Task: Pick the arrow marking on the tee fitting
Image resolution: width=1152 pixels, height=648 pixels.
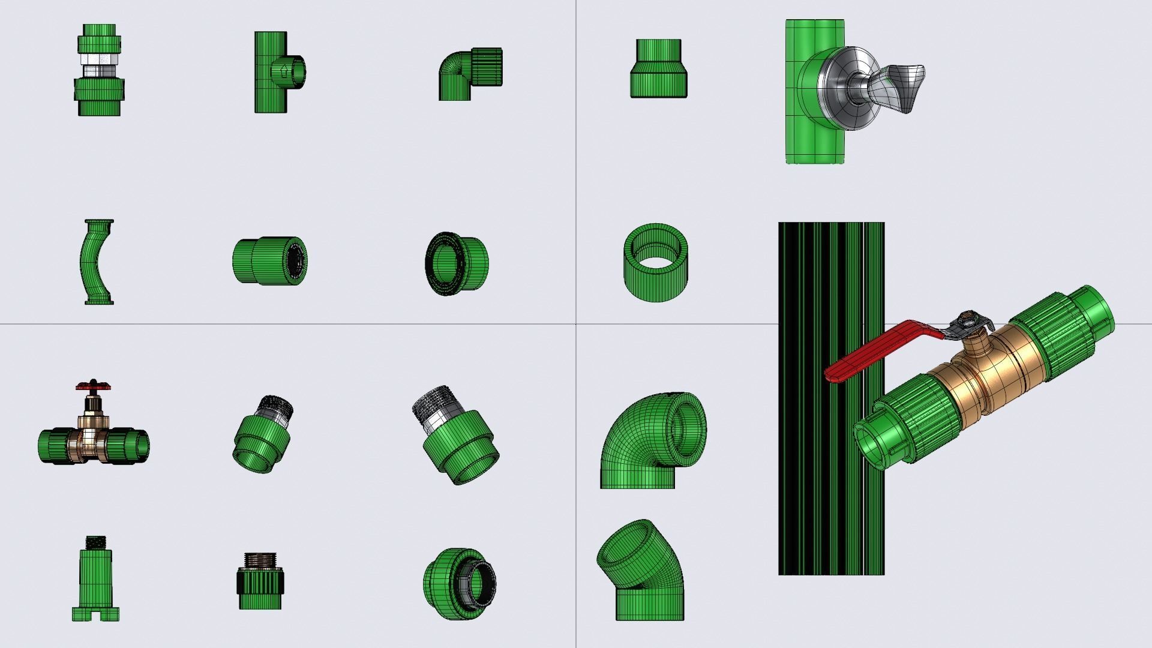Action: pos(284,71)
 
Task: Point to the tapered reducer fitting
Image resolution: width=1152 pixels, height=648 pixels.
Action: pos(658,69)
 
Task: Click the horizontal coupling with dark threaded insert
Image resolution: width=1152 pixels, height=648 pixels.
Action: pos(270,261)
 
